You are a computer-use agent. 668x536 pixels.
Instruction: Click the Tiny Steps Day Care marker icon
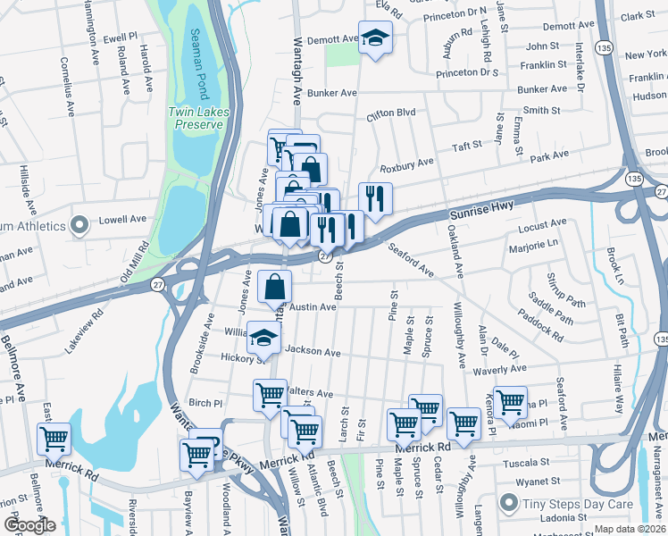[x=508, y=503]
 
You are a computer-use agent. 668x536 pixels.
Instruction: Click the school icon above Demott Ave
[x=375, y=38]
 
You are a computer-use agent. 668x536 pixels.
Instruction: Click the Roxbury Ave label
[x=406, y=163]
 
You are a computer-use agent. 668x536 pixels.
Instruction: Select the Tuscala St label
[x=524, y=463]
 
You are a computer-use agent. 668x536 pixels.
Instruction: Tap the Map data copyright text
[x=630, y=529]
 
